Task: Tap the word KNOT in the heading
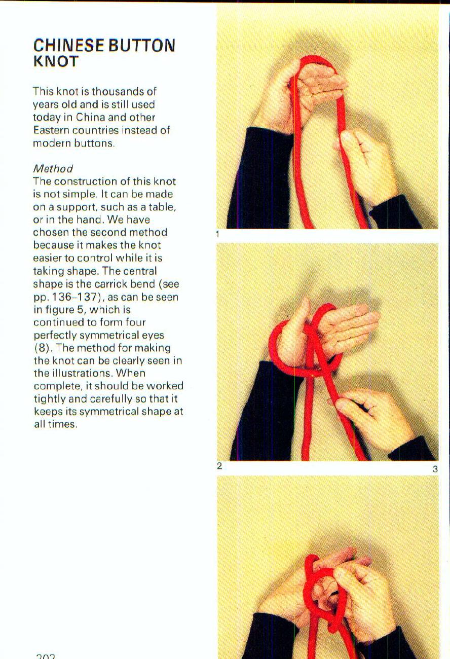pos(56,62)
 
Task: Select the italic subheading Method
pos(53,168)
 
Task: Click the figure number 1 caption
pos(217,234)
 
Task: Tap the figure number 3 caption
pos(434,469)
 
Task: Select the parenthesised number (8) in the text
pos(44,348)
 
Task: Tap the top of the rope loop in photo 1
pos(317,59)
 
